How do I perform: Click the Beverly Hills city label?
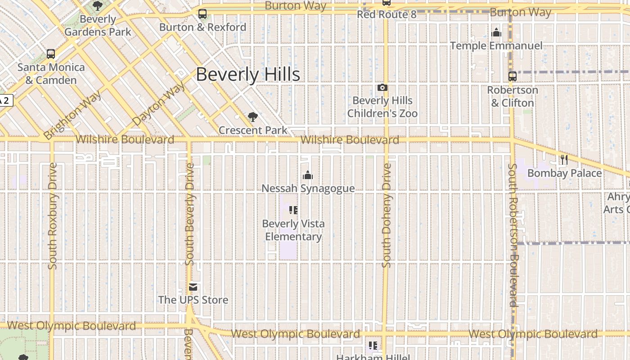[x=248, y=75]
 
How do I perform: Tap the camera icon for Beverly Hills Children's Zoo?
[x=382, y=88]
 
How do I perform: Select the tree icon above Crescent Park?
[x=253, y=117]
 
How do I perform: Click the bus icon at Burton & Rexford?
[x=202, y=14]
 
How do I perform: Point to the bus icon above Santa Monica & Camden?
[x=51, y=54]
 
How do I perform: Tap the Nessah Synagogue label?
[x=308, y=188]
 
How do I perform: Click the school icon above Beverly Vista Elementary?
[x=293, y=210]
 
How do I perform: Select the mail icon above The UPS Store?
[x=193, y=287]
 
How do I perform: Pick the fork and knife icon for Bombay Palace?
[x=564, y=160]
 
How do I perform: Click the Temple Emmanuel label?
[x=496, y=46]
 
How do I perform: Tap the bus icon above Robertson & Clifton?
[x=513, y=76]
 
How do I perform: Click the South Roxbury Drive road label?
[x=53, y=216]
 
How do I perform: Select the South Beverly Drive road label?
[x=190, y=214]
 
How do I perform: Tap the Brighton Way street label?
[x=72, y=115]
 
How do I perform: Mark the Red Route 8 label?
[x=387, y=14]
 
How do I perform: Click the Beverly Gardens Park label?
[x=98, y=26]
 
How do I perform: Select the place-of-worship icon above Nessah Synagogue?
[x=308, y=175]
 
